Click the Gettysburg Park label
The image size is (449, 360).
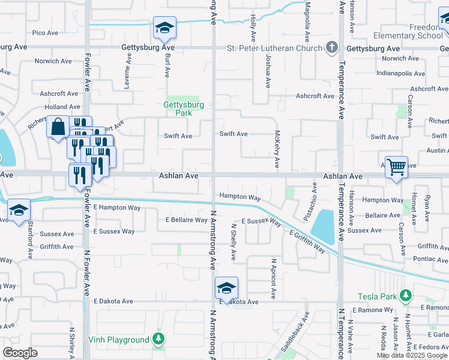[x=184, y=108]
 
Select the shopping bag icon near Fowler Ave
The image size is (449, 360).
[x=58, y=127]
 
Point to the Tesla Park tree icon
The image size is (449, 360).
[x=406, y=296]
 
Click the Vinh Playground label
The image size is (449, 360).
[x=119, y=340]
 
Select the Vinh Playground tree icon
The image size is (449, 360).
[x=158, y=339]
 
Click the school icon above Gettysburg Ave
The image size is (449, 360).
[x=164, y=27]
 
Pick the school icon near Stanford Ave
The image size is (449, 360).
[x=19, y=209]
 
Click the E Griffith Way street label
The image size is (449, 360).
[x=307, y=241]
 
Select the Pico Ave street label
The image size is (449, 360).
[x=46, y=32]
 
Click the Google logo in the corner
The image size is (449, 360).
[x=20, y=353]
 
